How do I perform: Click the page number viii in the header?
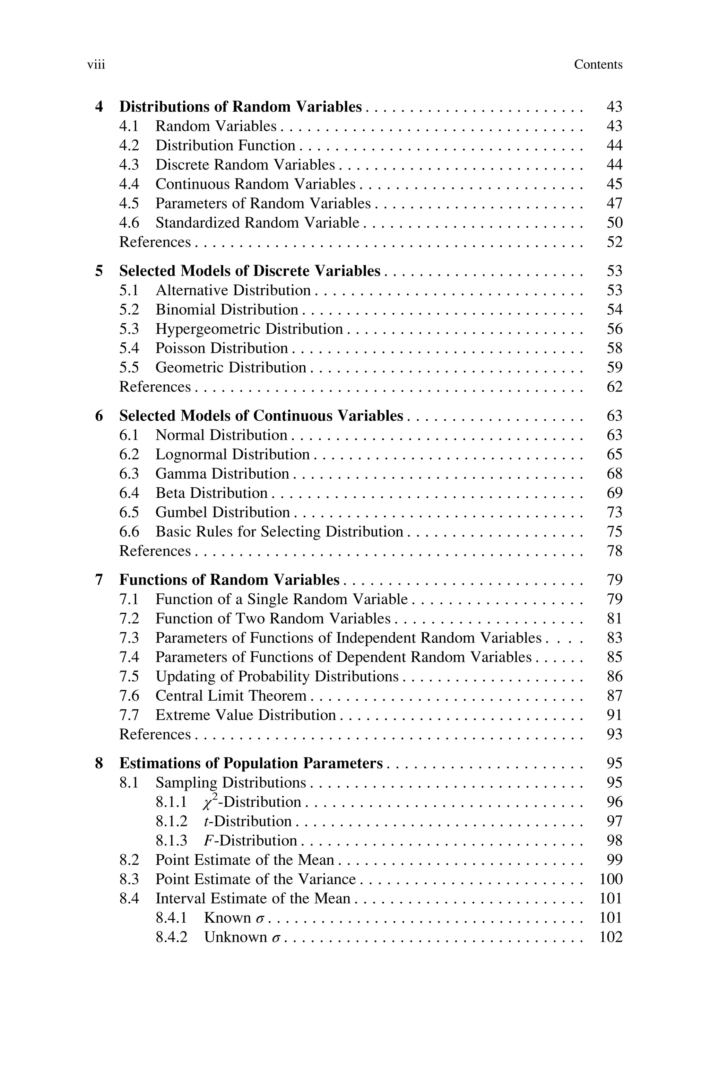point(96,65)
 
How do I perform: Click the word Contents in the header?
point(598,65)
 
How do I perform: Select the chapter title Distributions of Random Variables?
point(241,107)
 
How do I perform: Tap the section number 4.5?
point(129,204)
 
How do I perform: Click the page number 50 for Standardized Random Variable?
point(614,222)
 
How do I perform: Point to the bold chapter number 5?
point(99,271)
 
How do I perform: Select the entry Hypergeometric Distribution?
point(249,329)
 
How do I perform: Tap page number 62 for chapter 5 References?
point(614,387)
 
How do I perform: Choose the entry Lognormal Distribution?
point(232,454)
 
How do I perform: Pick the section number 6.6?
point(129,532)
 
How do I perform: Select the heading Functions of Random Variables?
point(229,580)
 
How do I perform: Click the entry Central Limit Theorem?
point(231,696)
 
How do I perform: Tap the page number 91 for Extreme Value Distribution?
point(614,715)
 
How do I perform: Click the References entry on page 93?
point(155,734)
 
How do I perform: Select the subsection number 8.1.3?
point(171,841)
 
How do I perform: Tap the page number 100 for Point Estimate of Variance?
point(611,879)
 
